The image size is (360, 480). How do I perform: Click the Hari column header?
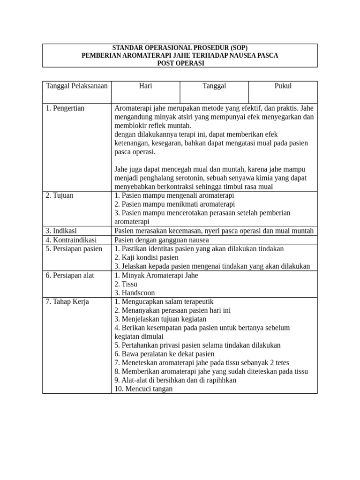[x=145, y=86]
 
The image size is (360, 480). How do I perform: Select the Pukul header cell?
[x=283, y=86]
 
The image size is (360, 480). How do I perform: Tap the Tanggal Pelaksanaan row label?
[x=76, y=86]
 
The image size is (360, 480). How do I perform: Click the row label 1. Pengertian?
[x=65, y=108]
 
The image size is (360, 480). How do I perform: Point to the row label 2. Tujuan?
[x=60, y=195]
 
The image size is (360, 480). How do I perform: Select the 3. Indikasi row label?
[x=61, y=231]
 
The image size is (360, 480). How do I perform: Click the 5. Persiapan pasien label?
[x=74, y=248]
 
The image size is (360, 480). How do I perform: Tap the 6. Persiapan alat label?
[x=70, y=275]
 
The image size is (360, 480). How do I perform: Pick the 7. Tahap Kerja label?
[x=67, y=301]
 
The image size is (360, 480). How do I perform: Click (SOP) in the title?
[x=237, y=48]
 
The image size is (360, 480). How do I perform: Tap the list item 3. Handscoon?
[x=135, y=293]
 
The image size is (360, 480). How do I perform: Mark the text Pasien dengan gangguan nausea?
[x=162, y=240]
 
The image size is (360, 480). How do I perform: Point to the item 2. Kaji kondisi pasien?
[x=146, y=257]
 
